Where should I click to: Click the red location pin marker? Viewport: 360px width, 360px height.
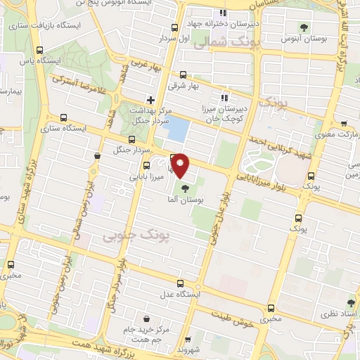click(x=181, y=165)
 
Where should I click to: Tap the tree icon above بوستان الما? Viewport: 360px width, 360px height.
click(x=185, y=188)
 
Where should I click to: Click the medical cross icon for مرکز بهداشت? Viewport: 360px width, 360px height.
click(x=150, y=99)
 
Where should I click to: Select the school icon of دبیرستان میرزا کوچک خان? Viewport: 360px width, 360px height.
click(x=224, y=98)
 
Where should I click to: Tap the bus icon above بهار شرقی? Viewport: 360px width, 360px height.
click(x=184, y=74)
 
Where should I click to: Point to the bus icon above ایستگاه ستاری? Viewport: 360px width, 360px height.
click(x=65, y=117)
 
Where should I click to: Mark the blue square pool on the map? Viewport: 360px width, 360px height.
click(x=179, y=128)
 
